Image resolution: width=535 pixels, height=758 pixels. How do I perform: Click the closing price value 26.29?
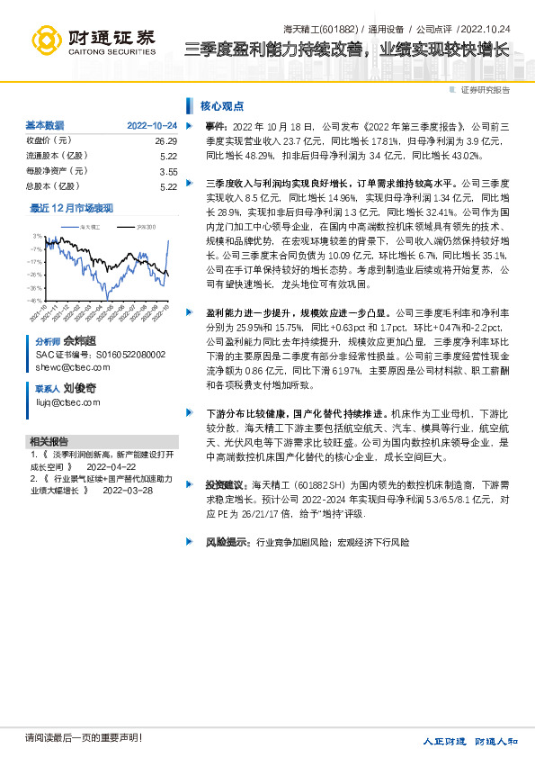pyautogui.click(x=166, y=141)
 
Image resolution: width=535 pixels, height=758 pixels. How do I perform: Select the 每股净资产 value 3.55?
pyautogui.click(x=168, y=171)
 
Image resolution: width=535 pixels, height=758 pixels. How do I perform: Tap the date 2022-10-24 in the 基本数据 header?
pyautogui.click(x=152, y=125)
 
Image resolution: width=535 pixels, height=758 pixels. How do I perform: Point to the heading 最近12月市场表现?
pyautogui.click(x=72, y=208)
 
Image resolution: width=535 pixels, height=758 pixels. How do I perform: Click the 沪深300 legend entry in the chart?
pyautogui.click(x=146, y=228)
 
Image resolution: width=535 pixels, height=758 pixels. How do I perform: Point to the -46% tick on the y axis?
pyautogui.click(x=35, y=300)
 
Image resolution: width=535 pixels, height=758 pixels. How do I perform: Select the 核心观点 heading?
pyautogui.click(x=221, y=105)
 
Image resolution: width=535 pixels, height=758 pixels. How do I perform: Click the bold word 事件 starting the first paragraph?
pyautogui.click(x=216, y=128)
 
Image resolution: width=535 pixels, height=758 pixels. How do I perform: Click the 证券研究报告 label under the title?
pyautogui.click(x=485, y=90)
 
